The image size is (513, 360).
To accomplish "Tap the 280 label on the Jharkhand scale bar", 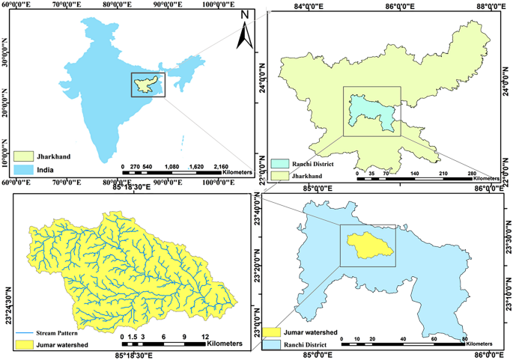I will point(471,174).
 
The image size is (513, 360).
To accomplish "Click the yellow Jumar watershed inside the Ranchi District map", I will point(368,244).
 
